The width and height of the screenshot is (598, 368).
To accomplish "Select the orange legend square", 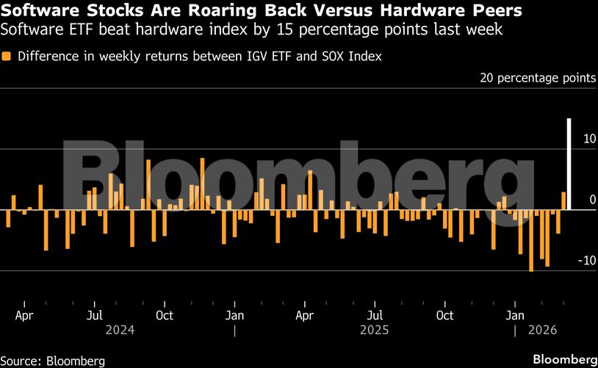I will click(7, 56).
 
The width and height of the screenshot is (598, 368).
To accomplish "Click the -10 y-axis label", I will click(586, 261).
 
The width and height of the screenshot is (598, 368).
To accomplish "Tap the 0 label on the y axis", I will click(593, 200).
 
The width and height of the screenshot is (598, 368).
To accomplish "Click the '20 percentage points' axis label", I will click(538, 78).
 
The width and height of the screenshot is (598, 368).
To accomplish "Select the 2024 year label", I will click(120, 330).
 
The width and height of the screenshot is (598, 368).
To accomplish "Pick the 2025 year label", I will click(374, 330).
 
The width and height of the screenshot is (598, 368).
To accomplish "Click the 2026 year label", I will click(543, 330).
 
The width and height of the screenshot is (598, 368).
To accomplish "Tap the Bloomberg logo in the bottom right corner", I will click(564, 359).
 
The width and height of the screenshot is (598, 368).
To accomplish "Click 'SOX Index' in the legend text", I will click(356, 56).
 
